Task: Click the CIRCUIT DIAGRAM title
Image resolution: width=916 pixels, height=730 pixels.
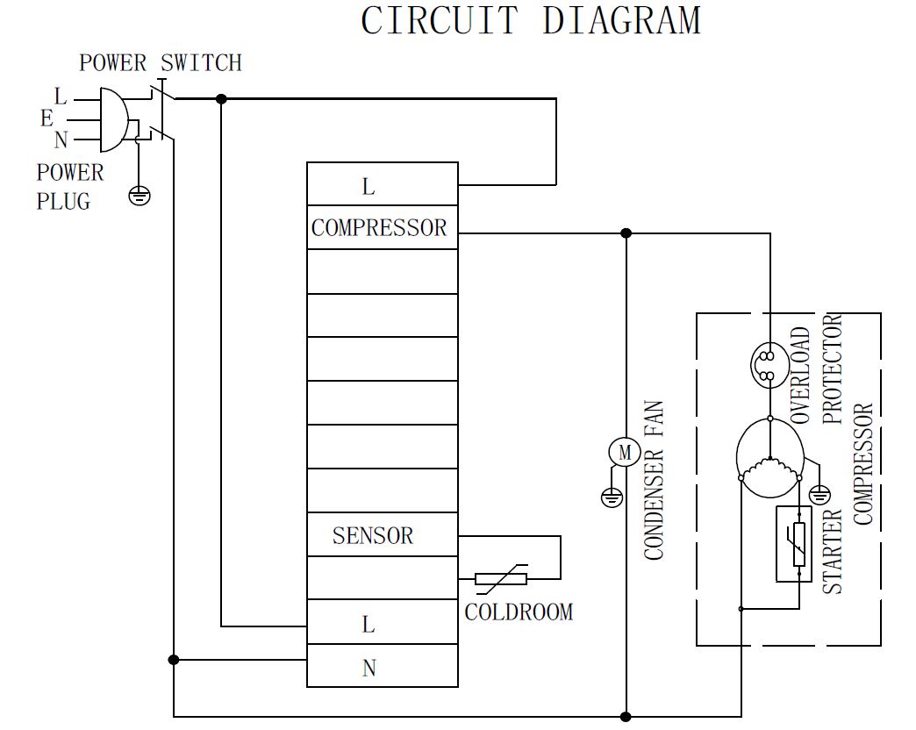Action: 531,21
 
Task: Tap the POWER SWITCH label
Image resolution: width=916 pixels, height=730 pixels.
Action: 161,63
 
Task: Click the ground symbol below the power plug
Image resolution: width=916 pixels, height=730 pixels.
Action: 140,195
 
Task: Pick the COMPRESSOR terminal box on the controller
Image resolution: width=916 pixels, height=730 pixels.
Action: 382,228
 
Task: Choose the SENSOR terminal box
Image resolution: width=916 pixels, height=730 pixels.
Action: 382,535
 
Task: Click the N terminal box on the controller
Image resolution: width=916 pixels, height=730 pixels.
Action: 382,668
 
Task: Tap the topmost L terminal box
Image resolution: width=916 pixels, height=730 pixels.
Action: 382,185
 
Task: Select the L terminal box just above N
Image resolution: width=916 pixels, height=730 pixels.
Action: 382,624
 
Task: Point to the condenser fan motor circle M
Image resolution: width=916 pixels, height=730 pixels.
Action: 625,453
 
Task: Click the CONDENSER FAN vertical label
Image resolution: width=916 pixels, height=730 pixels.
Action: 655,481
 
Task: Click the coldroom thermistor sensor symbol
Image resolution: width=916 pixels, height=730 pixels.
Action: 501,578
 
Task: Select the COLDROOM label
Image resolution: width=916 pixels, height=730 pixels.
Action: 519,612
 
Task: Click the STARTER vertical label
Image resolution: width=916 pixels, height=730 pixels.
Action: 833,551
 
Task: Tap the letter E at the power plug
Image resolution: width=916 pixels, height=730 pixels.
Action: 47,118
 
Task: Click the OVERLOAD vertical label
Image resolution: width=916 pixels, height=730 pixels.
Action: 801,376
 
